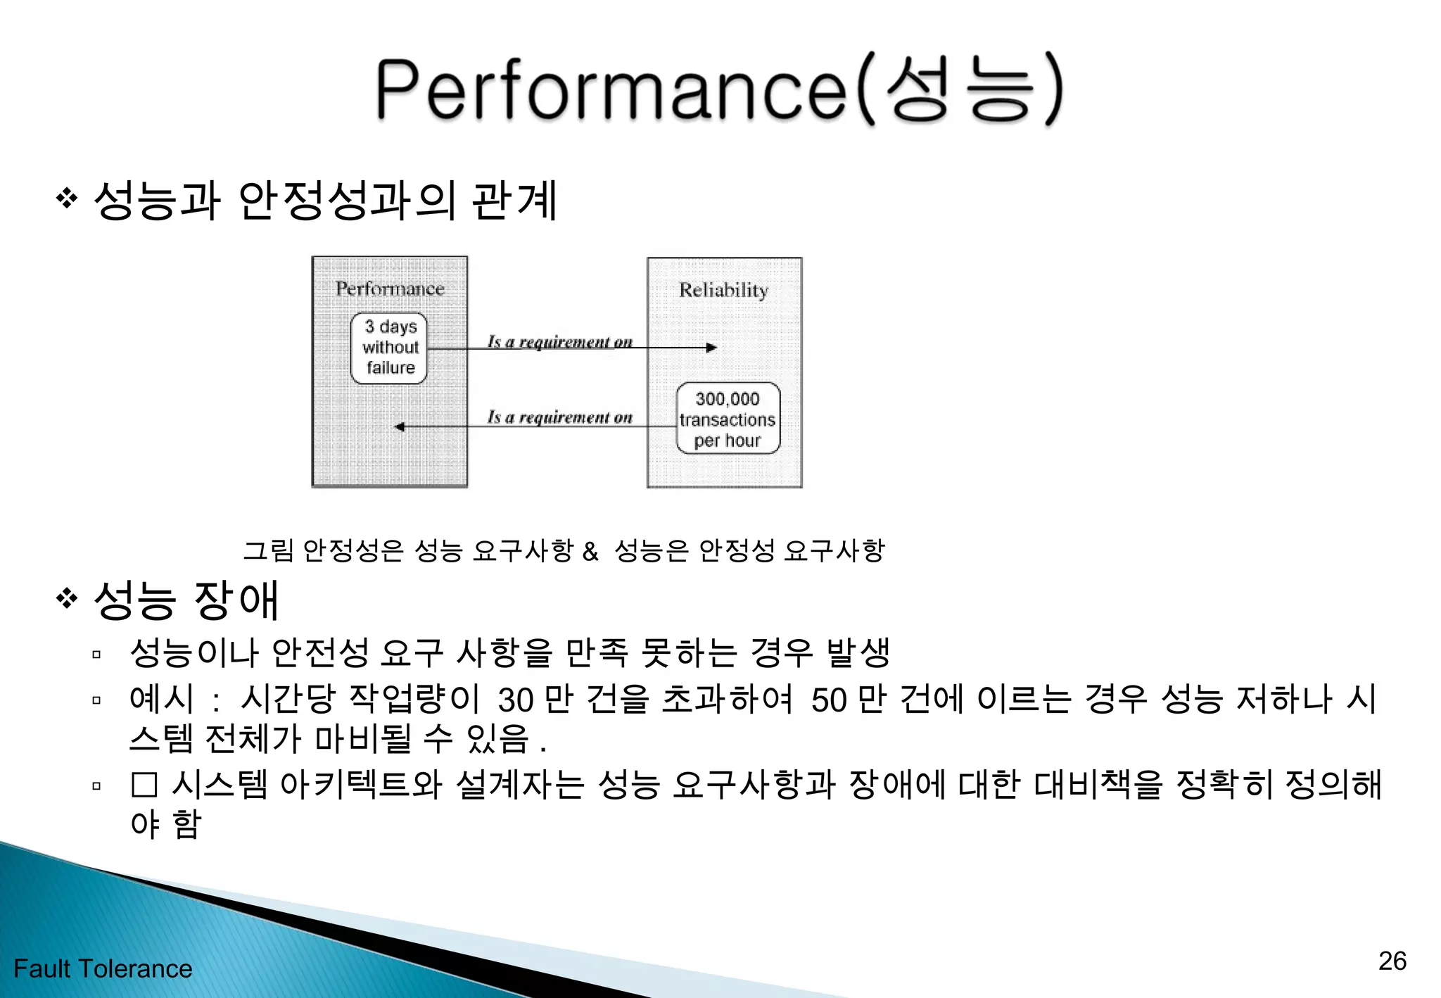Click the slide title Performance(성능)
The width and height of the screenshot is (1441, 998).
click(x=719, y=89)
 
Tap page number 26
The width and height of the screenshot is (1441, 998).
click(x=1392, y=961)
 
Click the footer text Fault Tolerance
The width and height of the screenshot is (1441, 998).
click(x=103, y=968)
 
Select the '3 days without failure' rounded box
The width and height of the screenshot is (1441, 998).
click(x=389, y=348)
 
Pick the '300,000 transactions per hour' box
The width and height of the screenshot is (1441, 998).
click(x=728, y=419)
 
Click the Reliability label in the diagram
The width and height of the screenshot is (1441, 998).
click(x=723, y=290)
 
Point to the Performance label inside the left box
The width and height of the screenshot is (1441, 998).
click(x=390, y=289)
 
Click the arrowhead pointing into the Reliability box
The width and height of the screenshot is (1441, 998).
click(x=711, y=348)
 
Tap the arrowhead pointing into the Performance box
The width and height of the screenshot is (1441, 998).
click(x=400, y=427)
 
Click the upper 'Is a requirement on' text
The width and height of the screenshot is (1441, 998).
click(x=560, y=342)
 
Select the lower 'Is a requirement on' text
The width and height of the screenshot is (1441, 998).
click(x=560, y=417)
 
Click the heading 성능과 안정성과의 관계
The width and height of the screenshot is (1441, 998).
click(x=325, y=201)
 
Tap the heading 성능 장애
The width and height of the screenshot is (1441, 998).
click(x=186, y=600)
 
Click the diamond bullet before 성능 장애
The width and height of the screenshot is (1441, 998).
click(x=67, y=599)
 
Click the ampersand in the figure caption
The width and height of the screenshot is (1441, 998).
click(x=590, y=551)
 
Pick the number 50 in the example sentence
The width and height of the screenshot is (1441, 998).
click(x=828, y=700)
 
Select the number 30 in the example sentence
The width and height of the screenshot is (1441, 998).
click(x=515, y=700)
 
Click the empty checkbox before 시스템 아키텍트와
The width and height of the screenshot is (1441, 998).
click(x=144, y=785)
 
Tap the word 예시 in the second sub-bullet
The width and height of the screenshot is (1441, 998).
click(x=161, y=699)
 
